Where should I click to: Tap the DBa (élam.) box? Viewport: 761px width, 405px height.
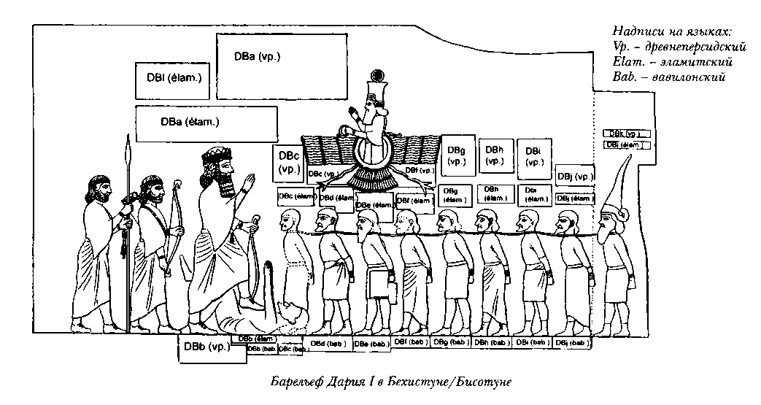(206, 123)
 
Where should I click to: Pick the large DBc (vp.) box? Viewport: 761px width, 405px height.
(288, 163)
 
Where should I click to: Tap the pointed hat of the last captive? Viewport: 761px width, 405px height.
(619, 179)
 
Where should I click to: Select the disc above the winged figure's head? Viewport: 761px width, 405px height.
(377, 74)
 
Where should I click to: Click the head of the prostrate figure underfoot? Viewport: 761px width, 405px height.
(295, 315)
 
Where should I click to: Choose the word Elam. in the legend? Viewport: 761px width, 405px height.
(629, 62)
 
